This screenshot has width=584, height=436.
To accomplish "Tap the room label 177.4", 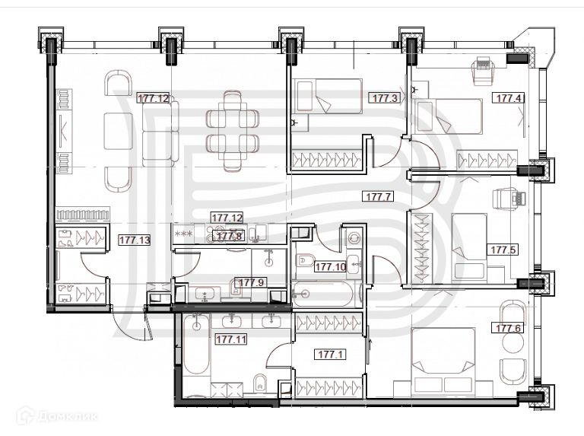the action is coord(509,98).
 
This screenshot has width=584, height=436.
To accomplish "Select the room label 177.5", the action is coord(502,250).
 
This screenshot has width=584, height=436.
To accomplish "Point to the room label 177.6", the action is coord(509,328).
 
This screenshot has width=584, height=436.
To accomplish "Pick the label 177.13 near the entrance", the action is coord(135,240).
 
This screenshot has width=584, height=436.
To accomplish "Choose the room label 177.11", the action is coord(232,339).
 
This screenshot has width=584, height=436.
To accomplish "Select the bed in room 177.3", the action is coord(327,103).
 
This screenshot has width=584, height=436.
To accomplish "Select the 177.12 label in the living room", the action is coord(153,98).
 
